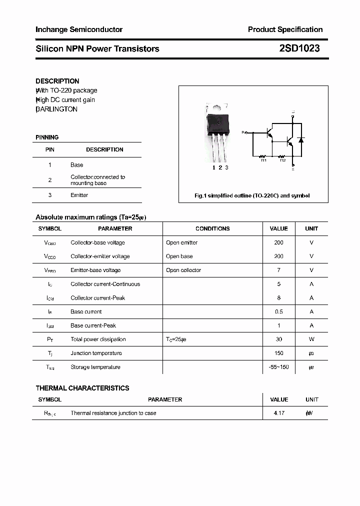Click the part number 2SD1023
click(299, 48)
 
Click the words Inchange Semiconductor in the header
click(79, 29)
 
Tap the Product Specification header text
click(285, 29)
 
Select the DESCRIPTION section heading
click(57, 81)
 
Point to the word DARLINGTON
click(57, 109)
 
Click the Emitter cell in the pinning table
click(79, 195)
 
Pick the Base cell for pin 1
click(77, 164)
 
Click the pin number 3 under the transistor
click(226, 167)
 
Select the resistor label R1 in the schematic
click(263, 160)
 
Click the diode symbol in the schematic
click(301, 139)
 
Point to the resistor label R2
click(282, 160)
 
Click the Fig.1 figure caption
click(252, 195)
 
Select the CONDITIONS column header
click(212, 228)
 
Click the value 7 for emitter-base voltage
click(278, 270)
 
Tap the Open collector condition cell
click(183, 270)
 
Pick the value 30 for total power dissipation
click(278, 339)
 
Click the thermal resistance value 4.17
click(279, 413)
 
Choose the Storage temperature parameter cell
click(95, 367)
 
